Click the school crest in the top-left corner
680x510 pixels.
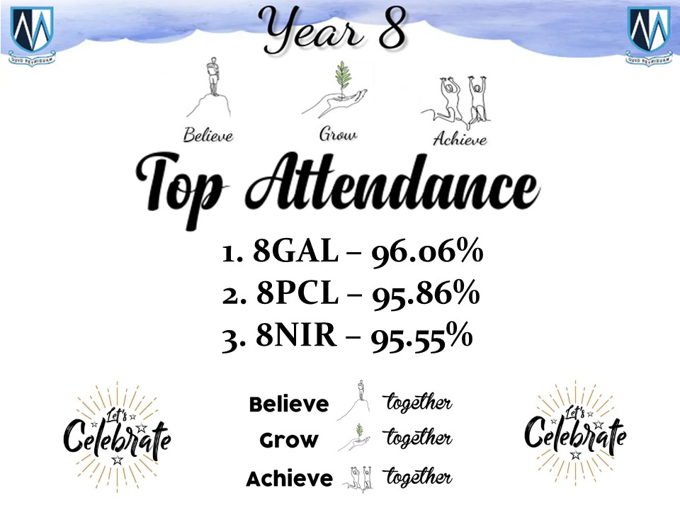pos(32,35)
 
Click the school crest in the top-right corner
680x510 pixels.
pos(649,35)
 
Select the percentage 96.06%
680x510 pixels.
pos(427,252)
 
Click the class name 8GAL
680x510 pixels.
pos(295,251)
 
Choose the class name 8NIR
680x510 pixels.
pos(296,335)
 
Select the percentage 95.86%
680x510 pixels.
pos(426,295)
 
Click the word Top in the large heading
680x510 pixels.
pos(180,187)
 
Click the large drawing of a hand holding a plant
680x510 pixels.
pos(335,89)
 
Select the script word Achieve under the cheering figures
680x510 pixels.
pos(460,139)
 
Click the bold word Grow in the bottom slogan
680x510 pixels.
pos(289,441)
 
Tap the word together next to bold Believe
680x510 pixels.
pos(418,402)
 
